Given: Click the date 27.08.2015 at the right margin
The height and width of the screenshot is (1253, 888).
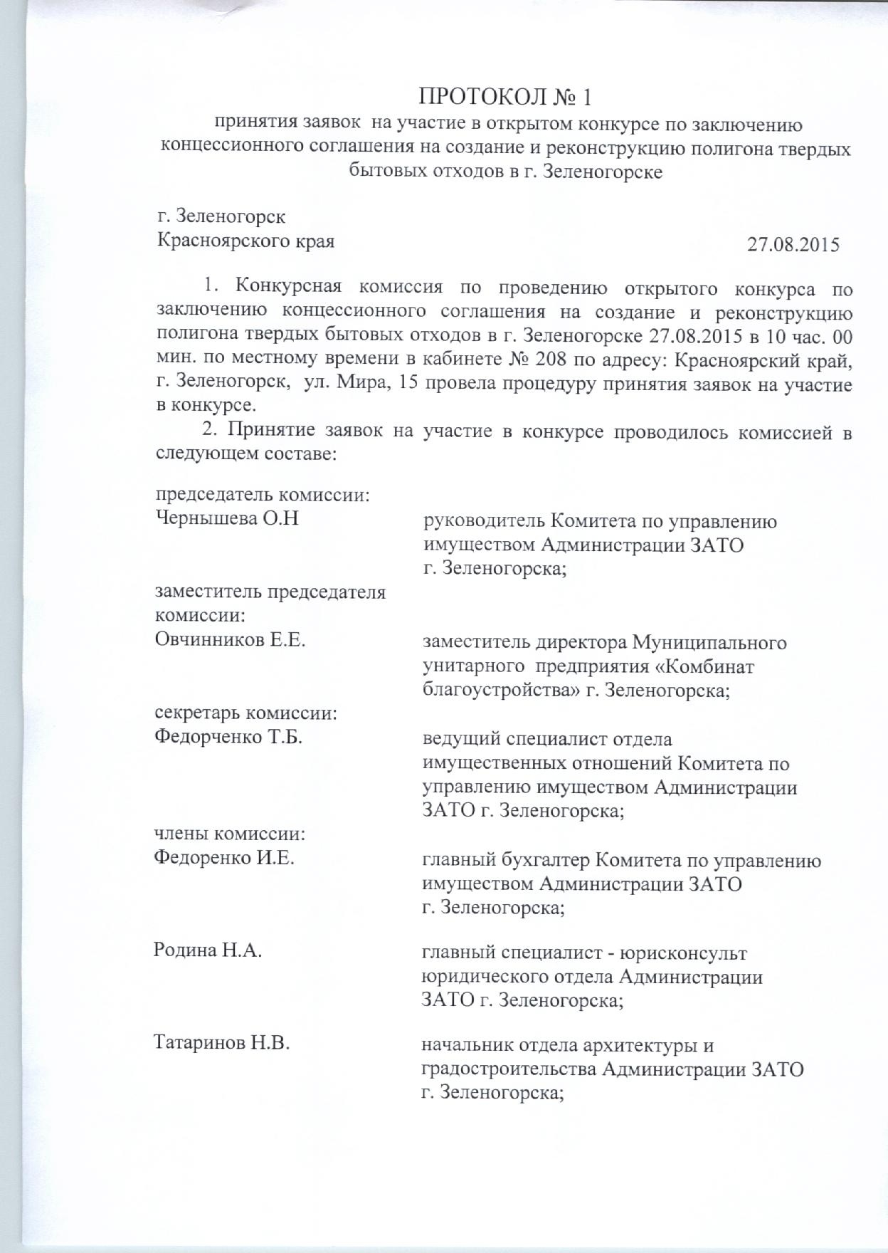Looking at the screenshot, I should (x=793, y=245).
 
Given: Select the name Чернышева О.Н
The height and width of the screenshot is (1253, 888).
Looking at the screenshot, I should (x=227, y=520).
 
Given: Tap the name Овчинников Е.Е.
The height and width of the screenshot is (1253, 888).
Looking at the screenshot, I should (x=230, y=641).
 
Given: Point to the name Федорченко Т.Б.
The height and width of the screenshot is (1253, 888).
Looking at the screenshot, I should (x=228, y=738).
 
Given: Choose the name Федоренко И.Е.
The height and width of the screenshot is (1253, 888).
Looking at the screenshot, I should (x=224, y=859).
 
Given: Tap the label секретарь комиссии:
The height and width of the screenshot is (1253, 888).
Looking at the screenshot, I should (x=246, y=713).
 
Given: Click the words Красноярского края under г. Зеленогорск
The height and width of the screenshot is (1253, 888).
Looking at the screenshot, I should (x=245, y=241).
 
